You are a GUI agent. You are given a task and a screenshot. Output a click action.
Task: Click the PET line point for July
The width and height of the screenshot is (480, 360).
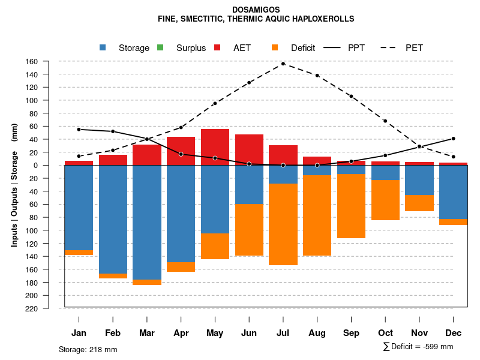283,64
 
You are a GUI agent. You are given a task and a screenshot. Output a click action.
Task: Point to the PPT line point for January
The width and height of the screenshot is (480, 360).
79,130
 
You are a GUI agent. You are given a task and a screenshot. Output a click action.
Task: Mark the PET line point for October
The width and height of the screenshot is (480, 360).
385,121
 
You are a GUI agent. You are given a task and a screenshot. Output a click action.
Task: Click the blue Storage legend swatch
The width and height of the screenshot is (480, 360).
103,48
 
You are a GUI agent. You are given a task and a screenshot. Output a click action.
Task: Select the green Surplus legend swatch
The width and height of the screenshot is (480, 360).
161,48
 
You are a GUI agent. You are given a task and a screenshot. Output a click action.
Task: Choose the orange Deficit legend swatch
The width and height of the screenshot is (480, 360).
275,48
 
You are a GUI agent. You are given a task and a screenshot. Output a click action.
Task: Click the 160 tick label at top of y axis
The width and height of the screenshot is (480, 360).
49,61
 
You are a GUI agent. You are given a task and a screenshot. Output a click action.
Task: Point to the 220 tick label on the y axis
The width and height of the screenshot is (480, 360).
49,308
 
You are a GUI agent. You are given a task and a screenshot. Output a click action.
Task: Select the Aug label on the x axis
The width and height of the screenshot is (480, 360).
317,333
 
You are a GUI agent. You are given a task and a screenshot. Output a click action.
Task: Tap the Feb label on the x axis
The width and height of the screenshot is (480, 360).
113,333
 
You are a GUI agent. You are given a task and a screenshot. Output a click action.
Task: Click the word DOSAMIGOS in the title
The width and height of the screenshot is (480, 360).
256,10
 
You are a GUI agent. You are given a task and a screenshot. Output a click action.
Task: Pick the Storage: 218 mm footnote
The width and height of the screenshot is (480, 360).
88,349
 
